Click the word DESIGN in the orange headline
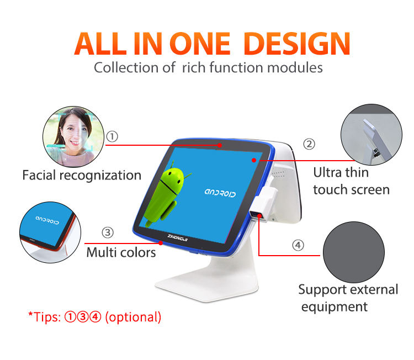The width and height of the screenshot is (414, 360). [297, 44]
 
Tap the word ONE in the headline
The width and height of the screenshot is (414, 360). [200, 44]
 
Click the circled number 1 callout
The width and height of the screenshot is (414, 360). [112, 136]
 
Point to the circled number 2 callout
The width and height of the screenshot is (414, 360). [309, 144]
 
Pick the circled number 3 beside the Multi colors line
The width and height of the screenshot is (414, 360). [108, 232]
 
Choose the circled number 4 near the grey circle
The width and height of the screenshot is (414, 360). [298, 245]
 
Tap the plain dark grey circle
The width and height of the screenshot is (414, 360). [354, 252]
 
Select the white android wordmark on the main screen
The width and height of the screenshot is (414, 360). [220, 193]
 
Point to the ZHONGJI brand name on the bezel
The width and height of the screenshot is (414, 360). [177, 238]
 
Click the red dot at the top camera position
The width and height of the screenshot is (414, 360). [220, 145]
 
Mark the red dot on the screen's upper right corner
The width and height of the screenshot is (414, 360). [254, 160]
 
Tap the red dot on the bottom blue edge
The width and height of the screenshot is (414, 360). [161, 243]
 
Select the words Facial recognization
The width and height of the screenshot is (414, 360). [82, 176]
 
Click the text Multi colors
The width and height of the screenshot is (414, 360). [121, 252]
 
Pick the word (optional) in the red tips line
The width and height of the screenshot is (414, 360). [133, 317]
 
